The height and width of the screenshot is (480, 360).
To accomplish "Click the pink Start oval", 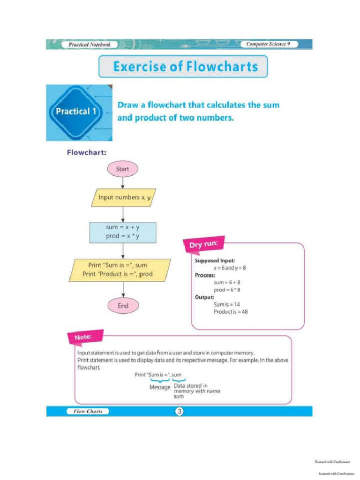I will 122,169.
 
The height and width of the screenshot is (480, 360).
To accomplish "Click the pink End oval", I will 123,306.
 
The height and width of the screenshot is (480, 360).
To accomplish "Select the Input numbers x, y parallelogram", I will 123,198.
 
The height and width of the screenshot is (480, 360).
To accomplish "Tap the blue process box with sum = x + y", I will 122,232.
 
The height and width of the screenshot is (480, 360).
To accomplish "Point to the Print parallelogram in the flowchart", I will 120,270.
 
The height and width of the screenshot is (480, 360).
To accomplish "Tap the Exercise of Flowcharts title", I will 183,67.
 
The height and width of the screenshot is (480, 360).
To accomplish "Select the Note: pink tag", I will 84,337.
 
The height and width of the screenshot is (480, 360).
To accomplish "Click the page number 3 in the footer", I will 179,412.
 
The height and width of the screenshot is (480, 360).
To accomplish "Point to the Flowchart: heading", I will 87,152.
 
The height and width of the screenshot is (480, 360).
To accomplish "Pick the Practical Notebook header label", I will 90,45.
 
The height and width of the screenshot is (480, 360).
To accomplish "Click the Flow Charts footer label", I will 88,412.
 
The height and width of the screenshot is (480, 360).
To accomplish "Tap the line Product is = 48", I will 230,311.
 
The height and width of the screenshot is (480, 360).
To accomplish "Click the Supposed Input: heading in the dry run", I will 215,260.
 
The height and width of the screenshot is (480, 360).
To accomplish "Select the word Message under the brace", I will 160,387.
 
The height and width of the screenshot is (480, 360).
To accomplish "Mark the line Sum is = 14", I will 227,304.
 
